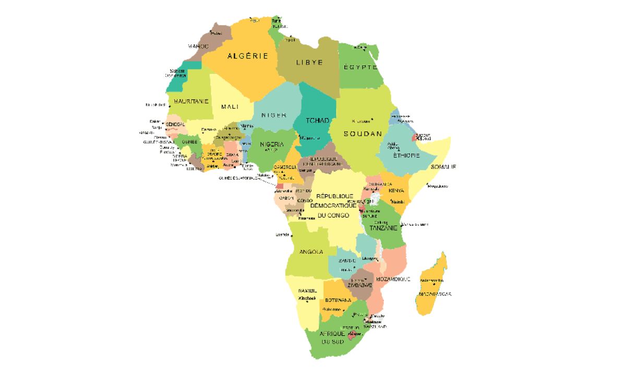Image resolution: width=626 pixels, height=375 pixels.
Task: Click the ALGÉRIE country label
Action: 247,56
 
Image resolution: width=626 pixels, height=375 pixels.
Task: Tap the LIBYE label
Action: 309,63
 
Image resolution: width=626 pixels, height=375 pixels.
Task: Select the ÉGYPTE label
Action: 360,67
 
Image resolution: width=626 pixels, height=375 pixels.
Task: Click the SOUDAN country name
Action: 363,134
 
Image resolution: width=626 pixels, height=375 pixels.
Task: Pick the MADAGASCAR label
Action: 434,294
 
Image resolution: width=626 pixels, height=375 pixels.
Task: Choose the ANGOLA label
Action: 311,252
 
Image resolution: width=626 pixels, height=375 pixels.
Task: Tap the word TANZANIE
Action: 383,228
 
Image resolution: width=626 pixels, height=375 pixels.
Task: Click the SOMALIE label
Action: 443,167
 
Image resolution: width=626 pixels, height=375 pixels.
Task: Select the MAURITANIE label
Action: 191,101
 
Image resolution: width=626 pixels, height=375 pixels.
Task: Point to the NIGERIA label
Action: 272,144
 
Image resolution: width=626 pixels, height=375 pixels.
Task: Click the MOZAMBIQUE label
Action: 393,279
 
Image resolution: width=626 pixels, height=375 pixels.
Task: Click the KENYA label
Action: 396,191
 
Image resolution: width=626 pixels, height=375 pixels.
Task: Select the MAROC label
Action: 198,46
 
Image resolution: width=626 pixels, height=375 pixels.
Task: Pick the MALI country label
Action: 230,107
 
